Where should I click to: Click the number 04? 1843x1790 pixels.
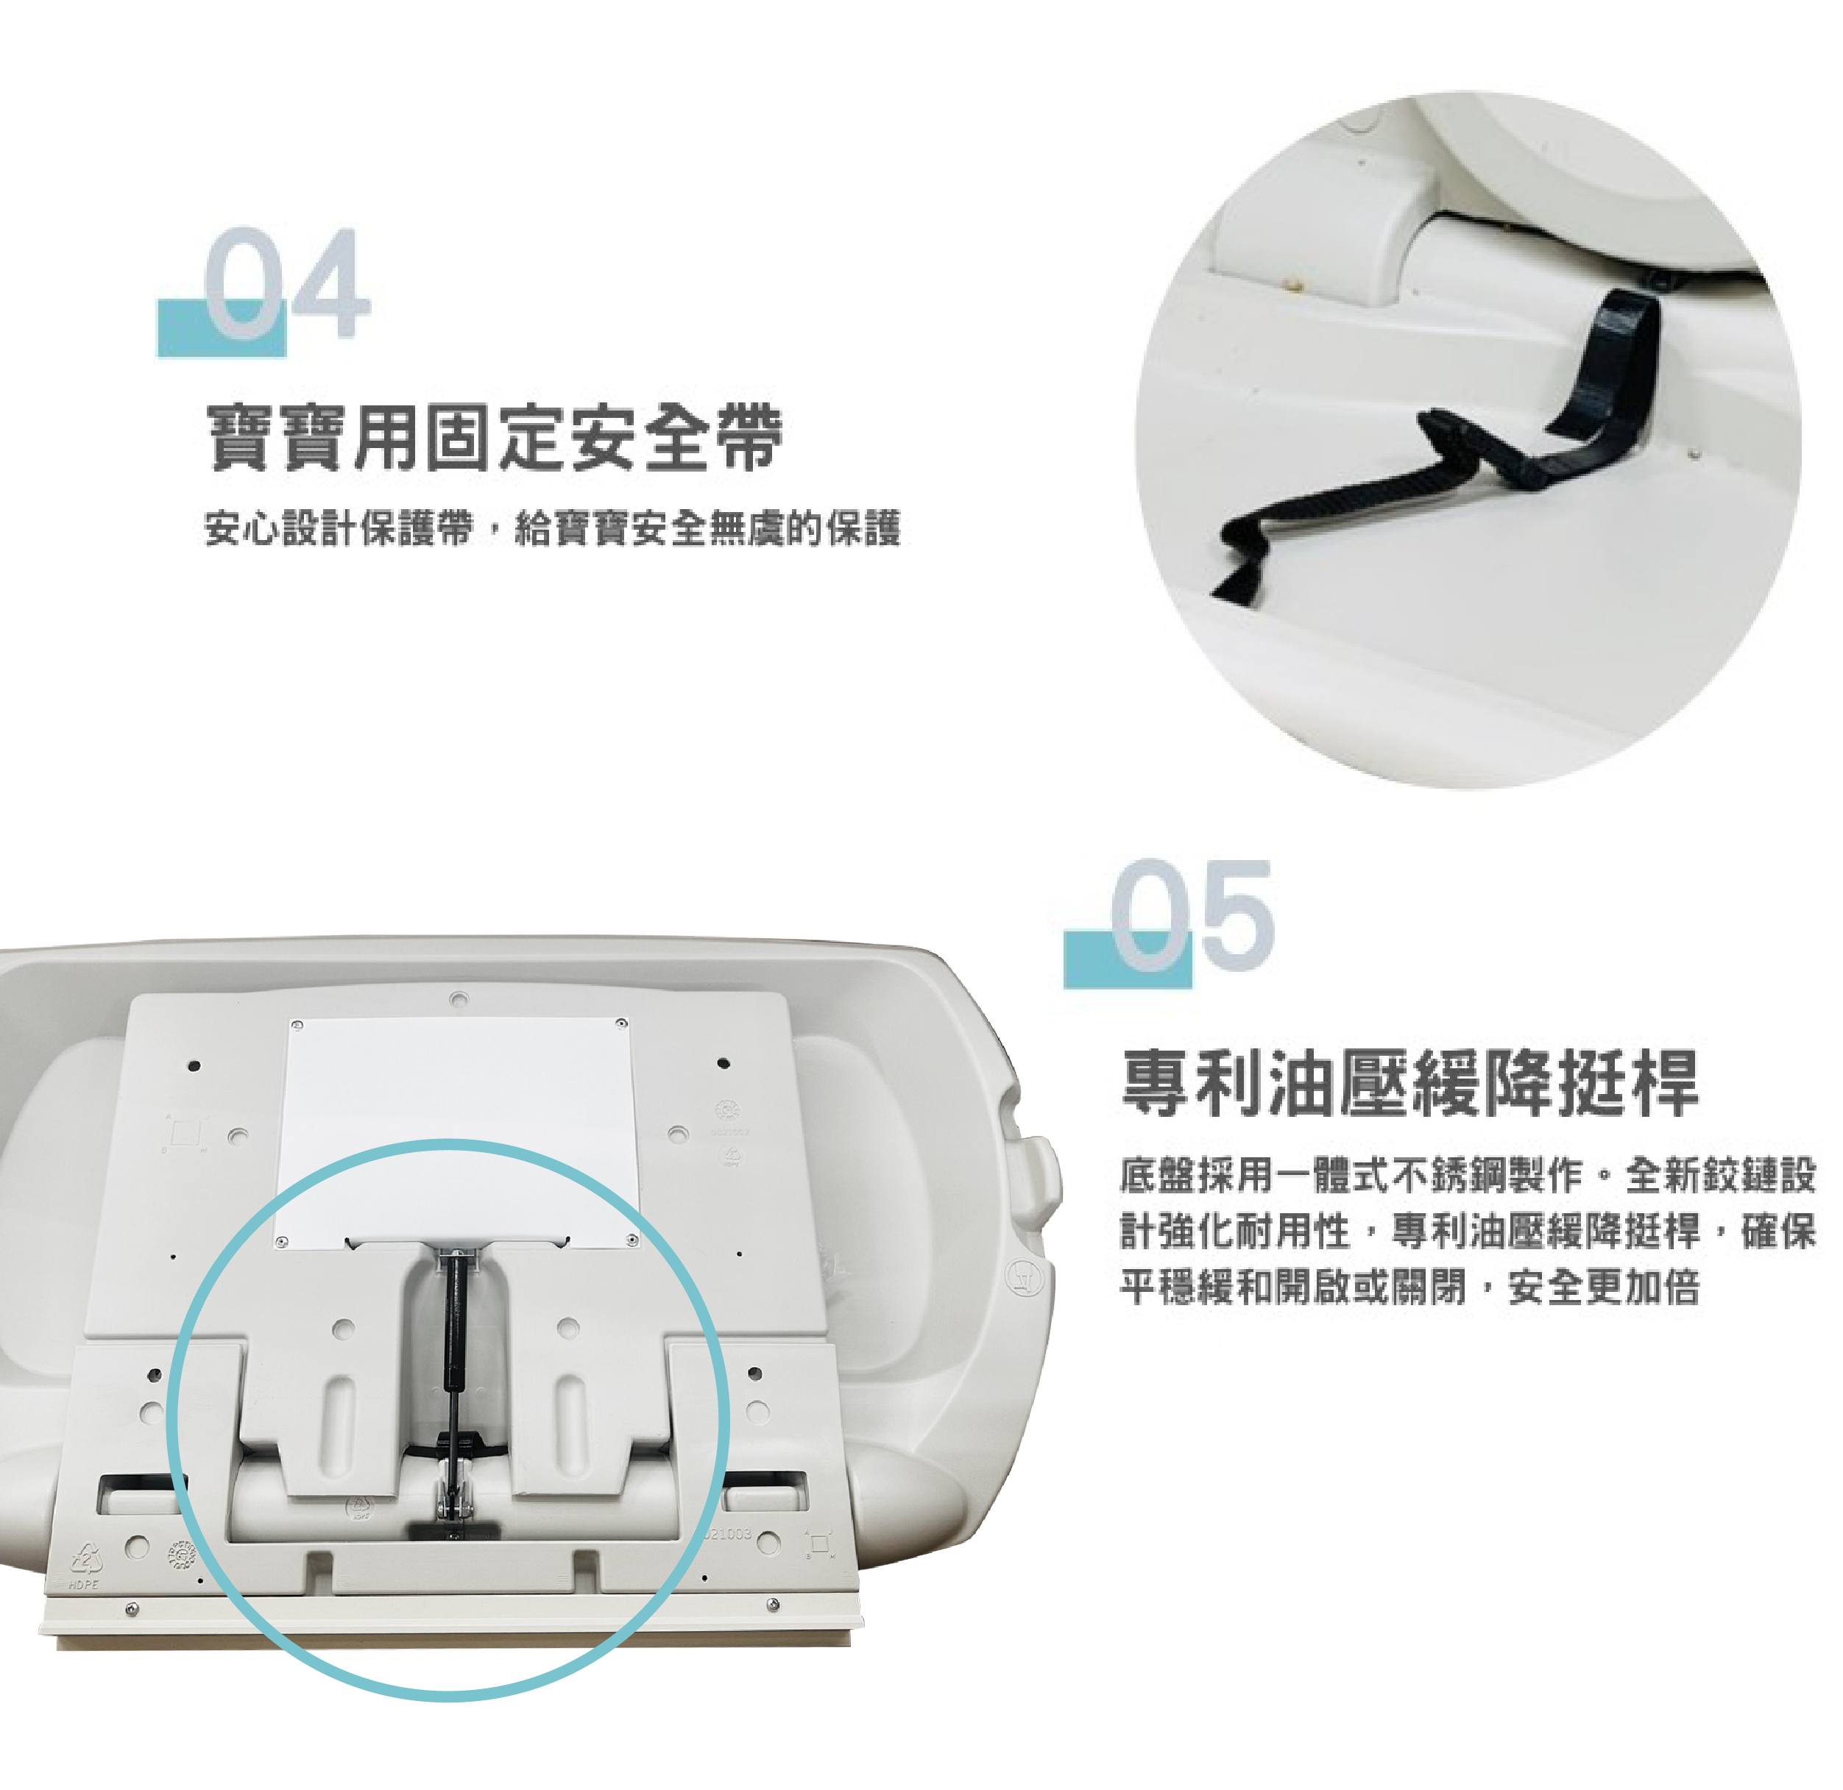pos(287,283)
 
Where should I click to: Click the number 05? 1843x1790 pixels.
pos(1192,914)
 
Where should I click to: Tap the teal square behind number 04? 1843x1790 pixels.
pos(221,328)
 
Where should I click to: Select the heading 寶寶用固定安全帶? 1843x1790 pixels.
pos(495,437)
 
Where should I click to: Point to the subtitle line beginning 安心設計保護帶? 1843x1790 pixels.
pos(553,528)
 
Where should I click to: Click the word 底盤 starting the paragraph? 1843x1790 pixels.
pos(1158,1175)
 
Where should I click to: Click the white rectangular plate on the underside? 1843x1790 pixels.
pos(457,1132)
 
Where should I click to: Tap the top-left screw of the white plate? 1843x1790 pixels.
pos(297,1025)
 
